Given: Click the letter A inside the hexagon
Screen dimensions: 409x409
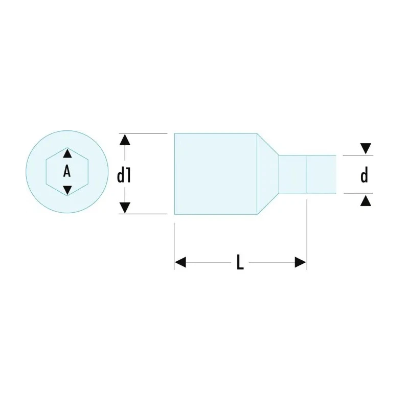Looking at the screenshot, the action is (67, 172).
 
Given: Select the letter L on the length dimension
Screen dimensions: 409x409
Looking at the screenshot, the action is (240, 262).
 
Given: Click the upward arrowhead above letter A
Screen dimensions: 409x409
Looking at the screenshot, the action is (67, 153).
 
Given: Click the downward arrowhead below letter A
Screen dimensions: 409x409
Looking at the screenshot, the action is (67, 190).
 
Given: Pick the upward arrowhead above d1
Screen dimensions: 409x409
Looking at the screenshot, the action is (125, 140).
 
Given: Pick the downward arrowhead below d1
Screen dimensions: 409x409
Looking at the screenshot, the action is (125, 208).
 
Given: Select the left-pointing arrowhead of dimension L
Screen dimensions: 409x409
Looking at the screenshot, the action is (180, 262).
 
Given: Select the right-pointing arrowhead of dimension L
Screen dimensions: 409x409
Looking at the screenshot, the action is (300, 262).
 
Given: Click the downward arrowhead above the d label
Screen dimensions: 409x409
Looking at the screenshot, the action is (366, 148).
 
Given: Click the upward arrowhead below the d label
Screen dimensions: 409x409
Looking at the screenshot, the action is (366, 201).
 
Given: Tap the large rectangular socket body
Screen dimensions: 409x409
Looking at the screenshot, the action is (216, 174).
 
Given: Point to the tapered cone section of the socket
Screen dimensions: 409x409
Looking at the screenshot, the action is (268, 174).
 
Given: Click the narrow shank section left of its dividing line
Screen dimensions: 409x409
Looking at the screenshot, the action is (292, 174).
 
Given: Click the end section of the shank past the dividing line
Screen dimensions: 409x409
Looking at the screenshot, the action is (321, 174).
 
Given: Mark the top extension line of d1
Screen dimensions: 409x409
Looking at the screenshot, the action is (143, 133).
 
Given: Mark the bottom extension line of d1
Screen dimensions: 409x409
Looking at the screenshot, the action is (143, 214).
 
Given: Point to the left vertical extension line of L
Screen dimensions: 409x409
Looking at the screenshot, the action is (174, 246).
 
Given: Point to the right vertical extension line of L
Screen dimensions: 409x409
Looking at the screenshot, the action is (307, 235).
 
